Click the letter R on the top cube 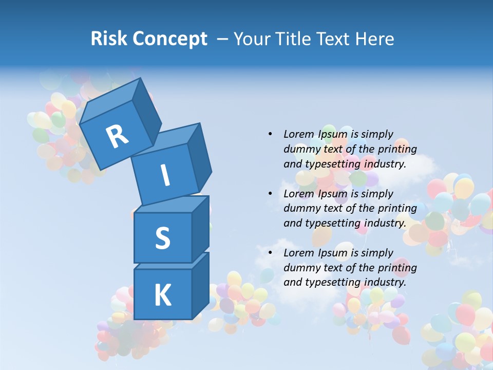pyautogui.click(x=117, y=136)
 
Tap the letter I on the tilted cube pyautogui.click(x=165, y=176)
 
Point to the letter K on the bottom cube pyautogui.click(x=162, y=295)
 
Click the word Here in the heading pyautogui.click(x=374, y=39)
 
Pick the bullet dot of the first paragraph pyautogui.click(x=270, y=134)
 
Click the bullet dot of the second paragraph pyautogui.click(x=270, y=194)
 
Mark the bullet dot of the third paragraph pyautogui.click(x=270, y=253)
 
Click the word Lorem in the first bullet pyautogui.click(x=298, y=134)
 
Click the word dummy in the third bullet pyautogui.click(x=301, y=268)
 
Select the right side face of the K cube pyautogui.click(x=200, y=285)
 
